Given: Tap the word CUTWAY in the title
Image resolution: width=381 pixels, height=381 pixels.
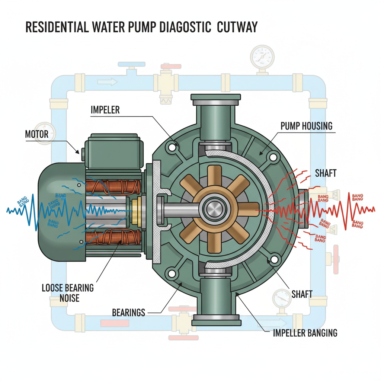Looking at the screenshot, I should point(238,28).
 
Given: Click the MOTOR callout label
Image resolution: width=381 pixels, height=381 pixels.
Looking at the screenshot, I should point(37,134).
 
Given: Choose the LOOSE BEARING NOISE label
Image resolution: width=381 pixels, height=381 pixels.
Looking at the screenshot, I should point(68,293).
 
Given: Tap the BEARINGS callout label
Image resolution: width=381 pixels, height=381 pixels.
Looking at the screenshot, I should point(128,312).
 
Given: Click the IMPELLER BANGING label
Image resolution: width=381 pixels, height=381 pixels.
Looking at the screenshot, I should point(305,332).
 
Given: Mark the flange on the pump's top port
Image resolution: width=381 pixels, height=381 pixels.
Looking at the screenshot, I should point(215,99).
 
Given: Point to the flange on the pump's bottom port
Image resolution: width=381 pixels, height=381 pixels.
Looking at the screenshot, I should point(215,321).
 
